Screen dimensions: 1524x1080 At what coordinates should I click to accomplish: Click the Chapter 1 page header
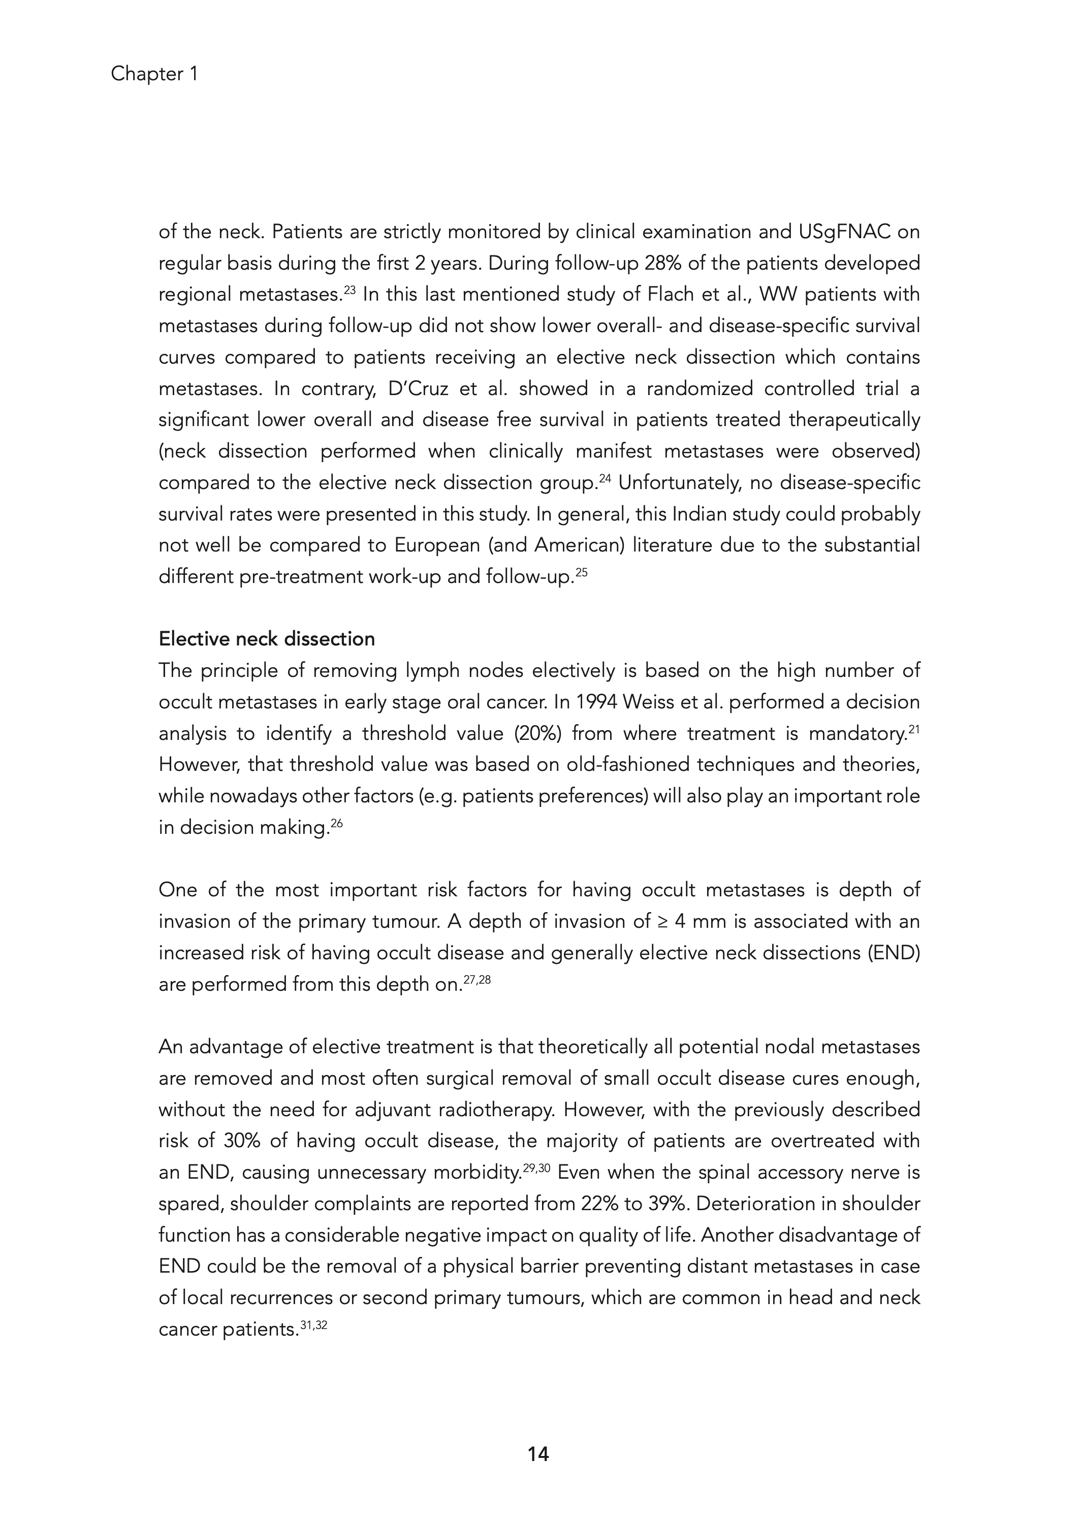click(x=154, y=74)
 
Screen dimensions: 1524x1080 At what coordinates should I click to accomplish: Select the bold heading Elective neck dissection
click(x=267, y=639)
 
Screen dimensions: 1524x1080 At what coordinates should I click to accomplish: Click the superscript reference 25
click(x=581, y=572)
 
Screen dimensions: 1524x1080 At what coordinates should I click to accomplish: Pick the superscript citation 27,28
click(x=477, y=980)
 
